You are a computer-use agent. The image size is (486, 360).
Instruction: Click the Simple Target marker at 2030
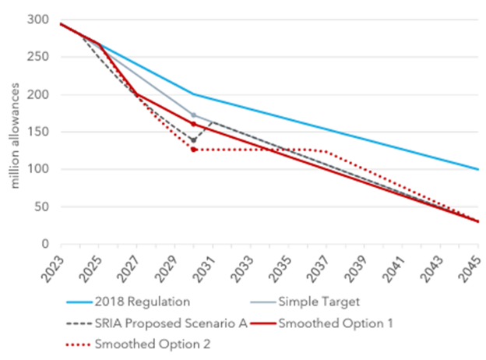tap(193, 115)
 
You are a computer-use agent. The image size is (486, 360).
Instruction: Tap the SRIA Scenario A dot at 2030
tap(193, 140)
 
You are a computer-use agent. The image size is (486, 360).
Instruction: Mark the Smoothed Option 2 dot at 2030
tap(193, 150)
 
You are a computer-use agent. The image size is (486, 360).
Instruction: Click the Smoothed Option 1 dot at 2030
tap(193, 125)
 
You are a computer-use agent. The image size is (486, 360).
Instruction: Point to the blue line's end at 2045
tap(477, 169)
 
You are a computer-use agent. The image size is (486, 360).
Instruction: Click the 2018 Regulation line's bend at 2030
tap(193, 94)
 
